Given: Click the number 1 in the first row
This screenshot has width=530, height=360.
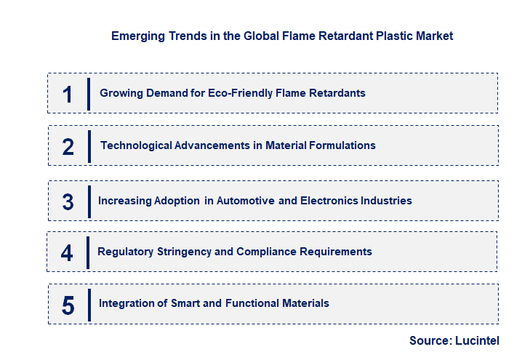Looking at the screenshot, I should pyautogui.click(x=68, y=94).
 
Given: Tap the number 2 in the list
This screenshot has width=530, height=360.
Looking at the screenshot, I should pyautogui.click(x=68, y=146).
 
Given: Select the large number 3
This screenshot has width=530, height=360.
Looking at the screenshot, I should pyautogui.click(x=68, y=201).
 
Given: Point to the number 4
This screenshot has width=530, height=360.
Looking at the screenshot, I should pyautogui.click(x=68, y=253).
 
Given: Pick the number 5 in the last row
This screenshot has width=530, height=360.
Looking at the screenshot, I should pyautogui.click(x=68, y=305).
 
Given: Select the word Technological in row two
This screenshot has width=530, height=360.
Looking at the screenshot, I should pyautogui.click(x=136, y=145).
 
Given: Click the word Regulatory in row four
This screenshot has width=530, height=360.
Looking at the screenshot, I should pyautogui.click(x=125, y=252).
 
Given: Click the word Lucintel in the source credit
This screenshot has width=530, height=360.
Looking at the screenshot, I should pyautogui.click(x=478, y=340).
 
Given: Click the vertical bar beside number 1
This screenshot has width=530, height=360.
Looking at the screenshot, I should pyautogui.click(x=89, y=93).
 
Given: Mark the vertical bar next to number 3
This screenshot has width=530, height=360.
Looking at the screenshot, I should pyautogui.click(x=89, y=201).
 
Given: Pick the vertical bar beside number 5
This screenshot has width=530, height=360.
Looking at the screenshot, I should pyautogui.click(x=89, y=304).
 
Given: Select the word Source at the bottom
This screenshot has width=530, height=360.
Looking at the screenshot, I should pyautogui.click(x=429, y=340).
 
